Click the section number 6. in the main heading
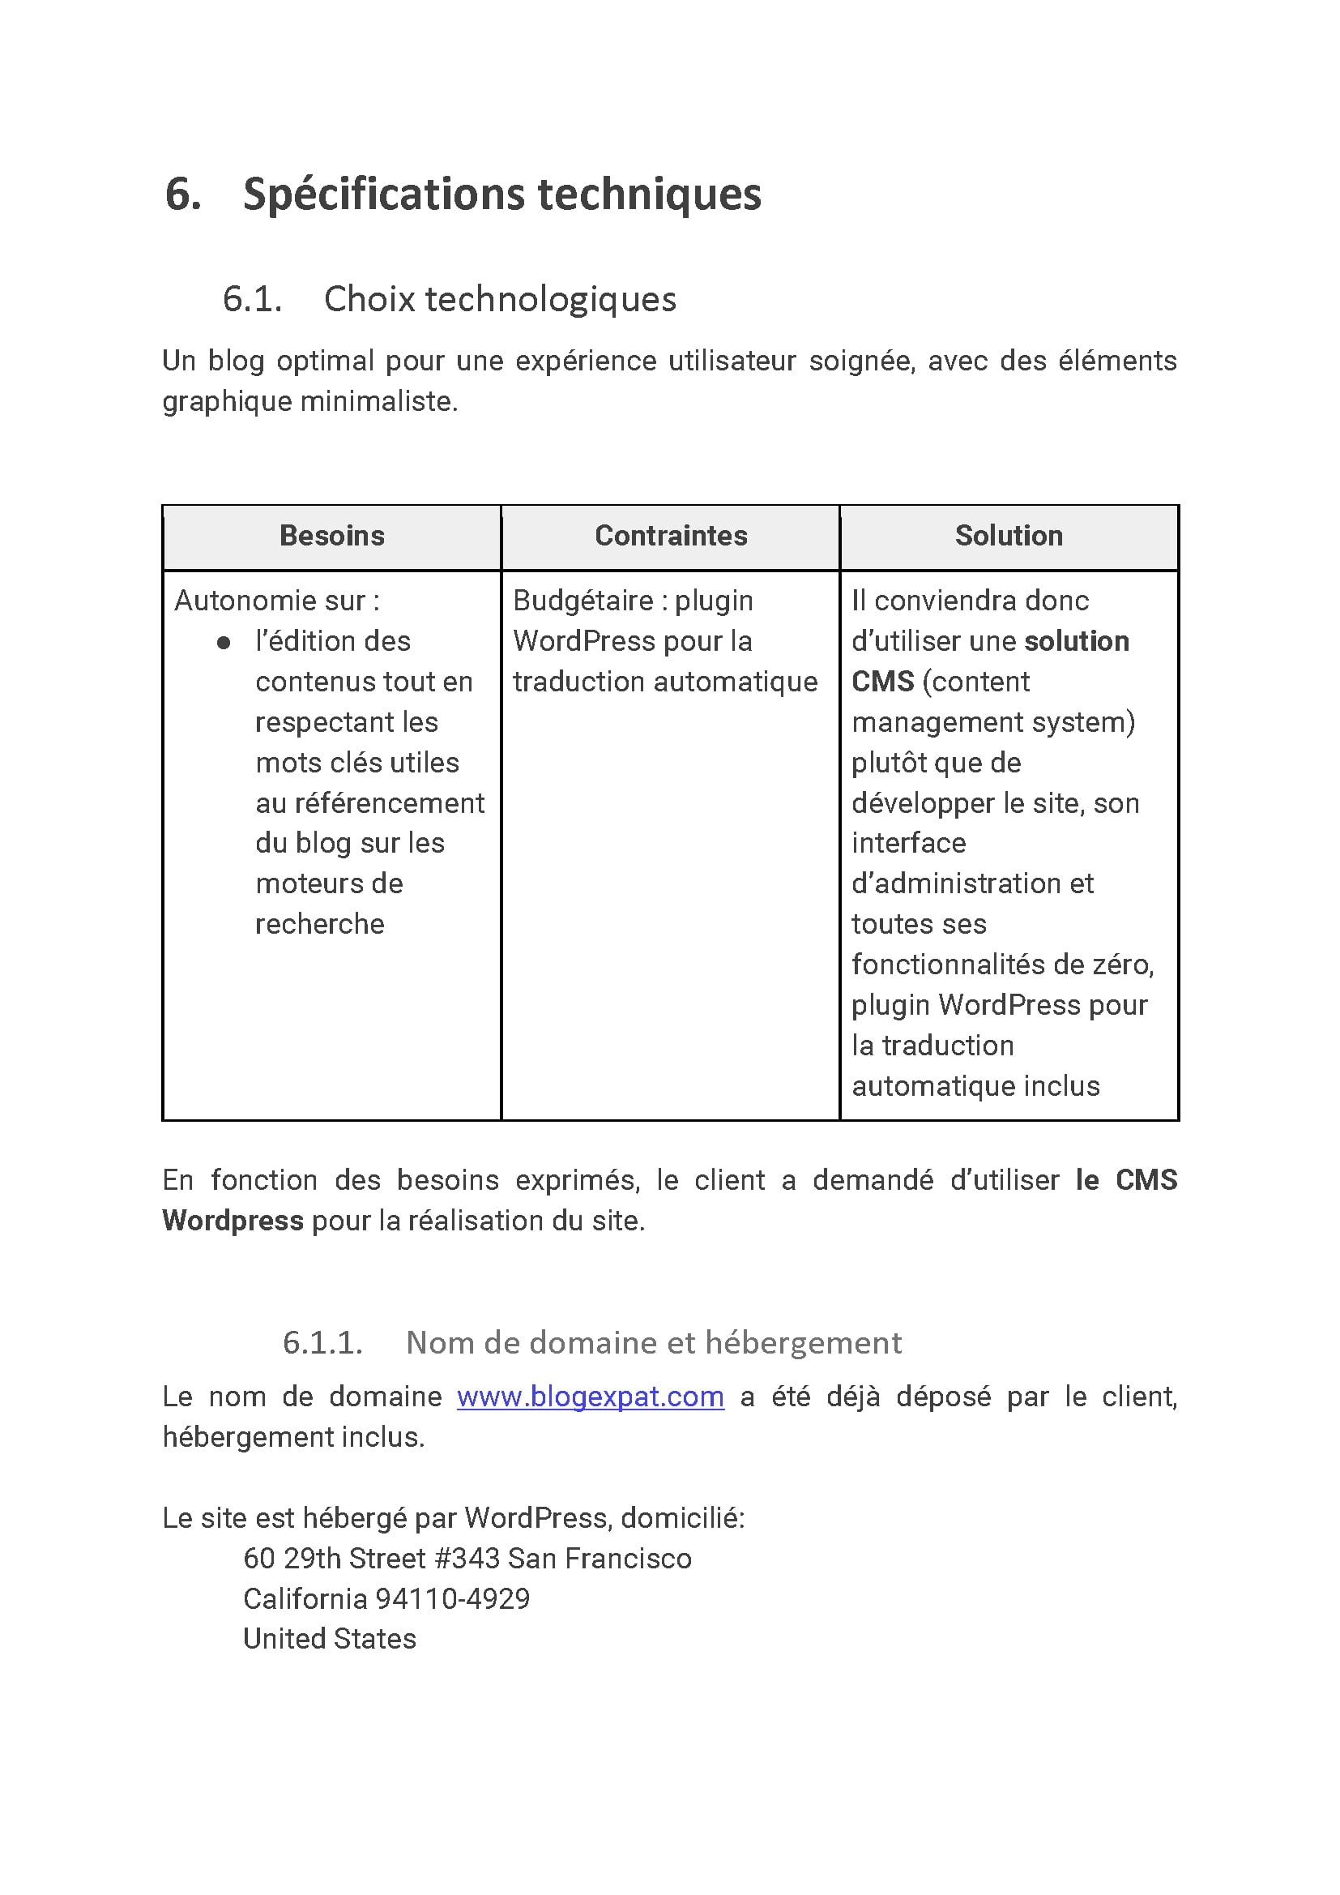tap(183, 195)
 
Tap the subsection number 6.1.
tap(252, 299)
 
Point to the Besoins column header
tap(331, 536)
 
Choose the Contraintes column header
tap(671, 536)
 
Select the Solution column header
tap(1009, 536)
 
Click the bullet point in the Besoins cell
tap(224, 642)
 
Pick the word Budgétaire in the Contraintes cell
tap(583, 601)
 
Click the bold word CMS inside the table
tap(883, 682)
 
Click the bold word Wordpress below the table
tap(233, 1221)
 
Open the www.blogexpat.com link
tap(590, 1397)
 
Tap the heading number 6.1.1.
tap(322, 1343)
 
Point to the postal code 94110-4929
tap(452, 1599)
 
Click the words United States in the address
tap(329, 1639)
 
